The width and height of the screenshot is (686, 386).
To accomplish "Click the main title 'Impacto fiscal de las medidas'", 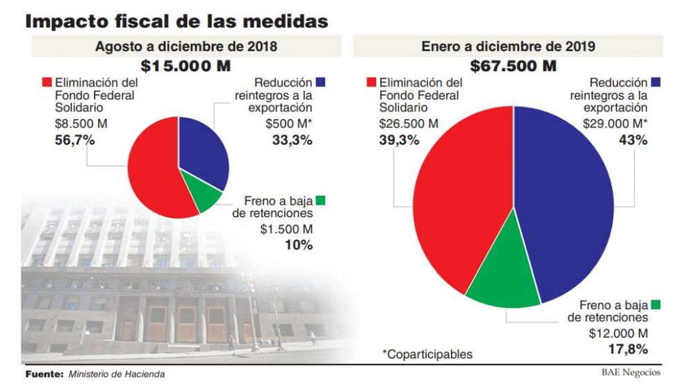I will [x=176, y=20].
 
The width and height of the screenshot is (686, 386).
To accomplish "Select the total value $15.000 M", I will [x=185, y=66].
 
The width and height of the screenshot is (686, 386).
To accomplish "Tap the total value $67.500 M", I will [x=513, y=66].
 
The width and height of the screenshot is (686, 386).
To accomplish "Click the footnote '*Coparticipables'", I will [x=427, y=354].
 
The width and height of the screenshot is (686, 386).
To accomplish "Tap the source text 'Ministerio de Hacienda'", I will [x=117, y=375].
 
